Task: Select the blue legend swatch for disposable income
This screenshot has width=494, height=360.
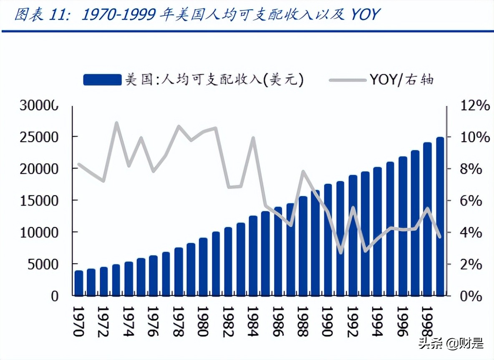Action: [x=102, y=79]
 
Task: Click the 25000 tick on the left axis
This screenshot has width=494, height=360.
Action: [x=39, y=137]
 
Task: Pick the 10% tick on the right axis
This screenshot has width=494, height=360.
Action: [x=475, y=137]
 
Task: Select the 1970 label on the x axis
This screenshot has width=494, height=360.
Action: [x=78, y=321]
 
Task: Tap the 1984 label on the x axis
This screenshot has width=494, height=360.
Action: [x=252, y=321]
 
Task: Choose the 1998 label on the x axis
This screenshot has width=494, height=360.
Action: [x=427, y=321]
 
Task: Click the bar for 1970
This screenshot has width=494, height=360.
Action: [x=78, y=283]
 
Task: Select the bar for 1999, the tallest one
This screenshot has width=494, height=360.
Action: [x=440, y=216]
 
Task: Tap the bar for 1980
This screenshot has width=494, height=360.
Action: [x=203, y=266]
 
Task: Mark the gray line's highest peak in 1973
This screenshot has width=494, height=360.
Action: [x=116, y=123]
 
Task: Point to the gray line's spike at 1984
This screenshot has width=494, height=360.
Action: [x=253, y=137]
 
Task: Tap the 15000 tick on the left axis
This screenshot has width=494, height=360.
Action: [x=39, y=200]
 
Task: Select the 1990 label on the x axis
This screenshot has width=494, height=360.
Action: [x=327, y=321]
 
